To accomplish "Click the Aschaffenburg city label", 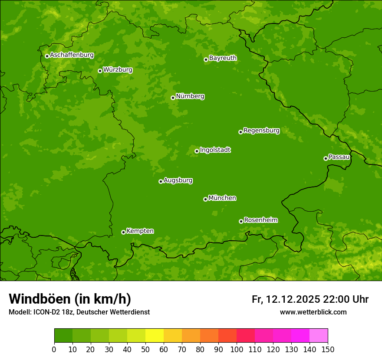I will (x=72, y=55).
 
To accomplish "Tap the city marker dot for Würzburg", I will (x=100, y=71).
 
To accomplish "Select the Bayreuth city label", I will (x=223, y=58).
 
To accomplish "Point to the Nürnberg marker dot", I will (x=173, y=98).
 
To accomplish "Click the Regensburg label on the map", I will (x=261, y=131).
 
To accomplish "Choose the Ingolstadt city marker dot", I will (x=197, y=151).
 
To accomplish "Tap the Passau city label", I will (x=339, y=157).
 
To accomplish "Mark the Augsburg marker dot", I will (x=161, y=181).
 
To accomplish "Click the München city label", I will (x=222, y=198).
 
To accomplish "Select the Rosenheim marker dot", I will (x=241, y=221).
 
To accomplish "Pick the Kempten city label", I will (x=140, y=231).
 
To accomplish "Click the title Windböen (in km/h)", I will (x=70, y=299).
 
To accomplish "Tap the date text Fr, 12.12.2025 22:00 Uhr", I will (x=310, y=299).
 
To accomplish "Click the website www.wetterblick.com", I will (x=313, y=312).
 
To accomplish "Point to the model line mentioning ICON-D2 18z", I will (x=79, y=312).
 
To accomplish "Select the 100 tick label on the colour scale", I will (x=237, y=349).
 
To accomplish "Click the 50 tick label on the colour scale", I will (x=145, y=349).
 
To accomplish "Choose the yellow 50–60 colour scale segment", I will (x=155, y=336).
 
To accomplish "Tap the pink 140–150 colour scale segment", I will (x=319, y=336).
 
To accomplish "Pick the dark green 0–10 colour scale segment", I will (x=63, y=336).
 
